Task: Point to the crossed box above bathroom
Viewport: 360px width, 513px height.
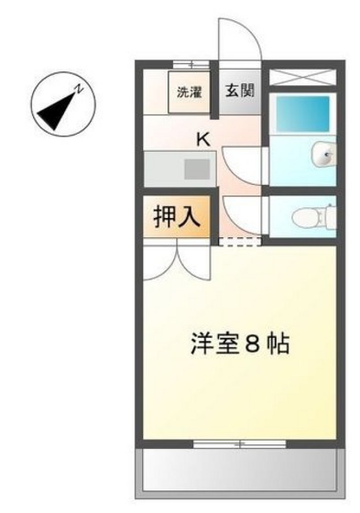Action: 306,76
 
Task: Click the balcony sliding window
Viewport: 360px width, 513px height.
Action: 240,444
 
